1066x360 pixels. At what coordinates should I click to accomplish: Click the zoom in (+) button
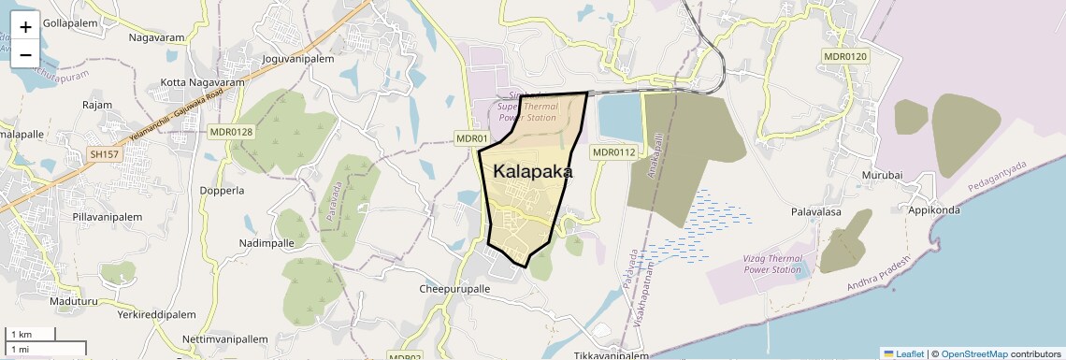[x=25, y=27]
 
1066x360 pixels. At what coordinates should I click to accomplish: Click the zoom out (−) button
[x=25, y=54]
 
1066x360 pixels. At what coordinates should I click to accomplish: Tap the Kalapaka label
[x=532, y=172]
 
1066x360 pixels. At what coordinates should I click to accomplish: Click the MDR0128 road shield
[x=231, y=132]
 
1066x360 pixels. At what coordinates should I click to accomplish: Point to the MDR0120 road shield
[x=845, y=57]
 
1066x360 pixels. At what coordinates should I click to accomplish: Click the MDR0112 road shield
[x=613, y=151]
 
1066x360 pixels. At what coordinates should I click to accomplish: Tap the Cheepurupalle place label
[x=454, y=290]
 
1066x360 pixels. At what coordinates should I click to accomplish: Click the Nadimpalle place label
[x=266, y=243]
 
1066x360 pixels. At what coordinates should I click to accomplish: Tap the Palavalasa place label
[x=815, y=212]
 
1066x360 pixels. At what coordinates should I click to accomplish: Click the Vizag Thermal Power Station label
[x=773, y=264]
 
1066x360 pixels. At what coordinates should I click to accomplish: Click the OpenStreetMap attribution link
[x=974, y=353]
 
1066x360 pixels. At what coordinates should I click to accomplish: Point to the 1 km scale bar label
[x=21, y=334]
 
